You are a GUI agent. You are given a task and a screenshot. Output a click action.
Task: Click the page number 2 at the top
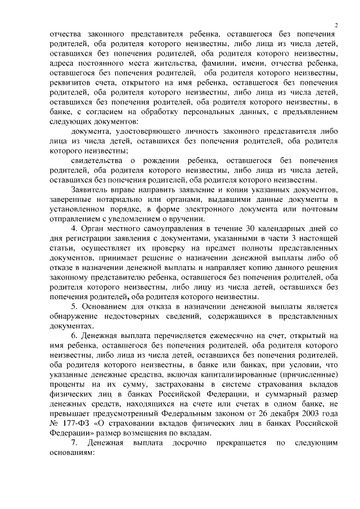tap(336, 25)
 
